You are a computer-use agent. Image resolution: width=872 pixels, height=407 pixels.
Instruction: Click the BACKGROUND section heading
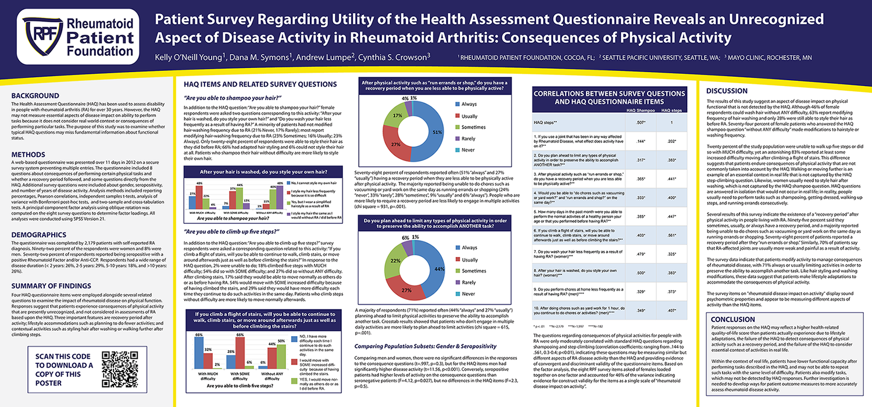(35, 95)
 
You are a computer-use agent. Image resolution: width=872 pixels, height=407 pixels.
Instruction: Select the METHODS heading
(29, 155)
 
